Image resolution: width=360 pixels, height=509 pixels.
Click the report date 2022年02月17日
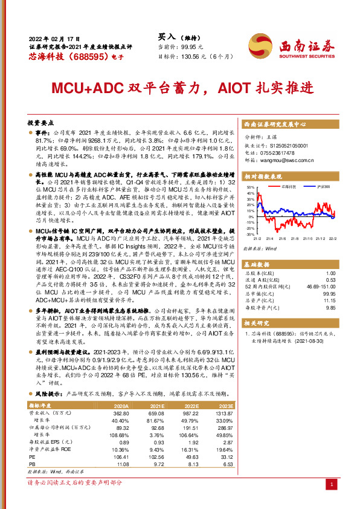point(53,37)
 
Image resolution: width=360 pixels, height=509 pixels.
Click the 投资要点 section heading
point(42,122)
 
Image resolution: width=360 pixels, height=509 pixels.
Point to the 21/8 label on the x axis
point(295,239)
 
